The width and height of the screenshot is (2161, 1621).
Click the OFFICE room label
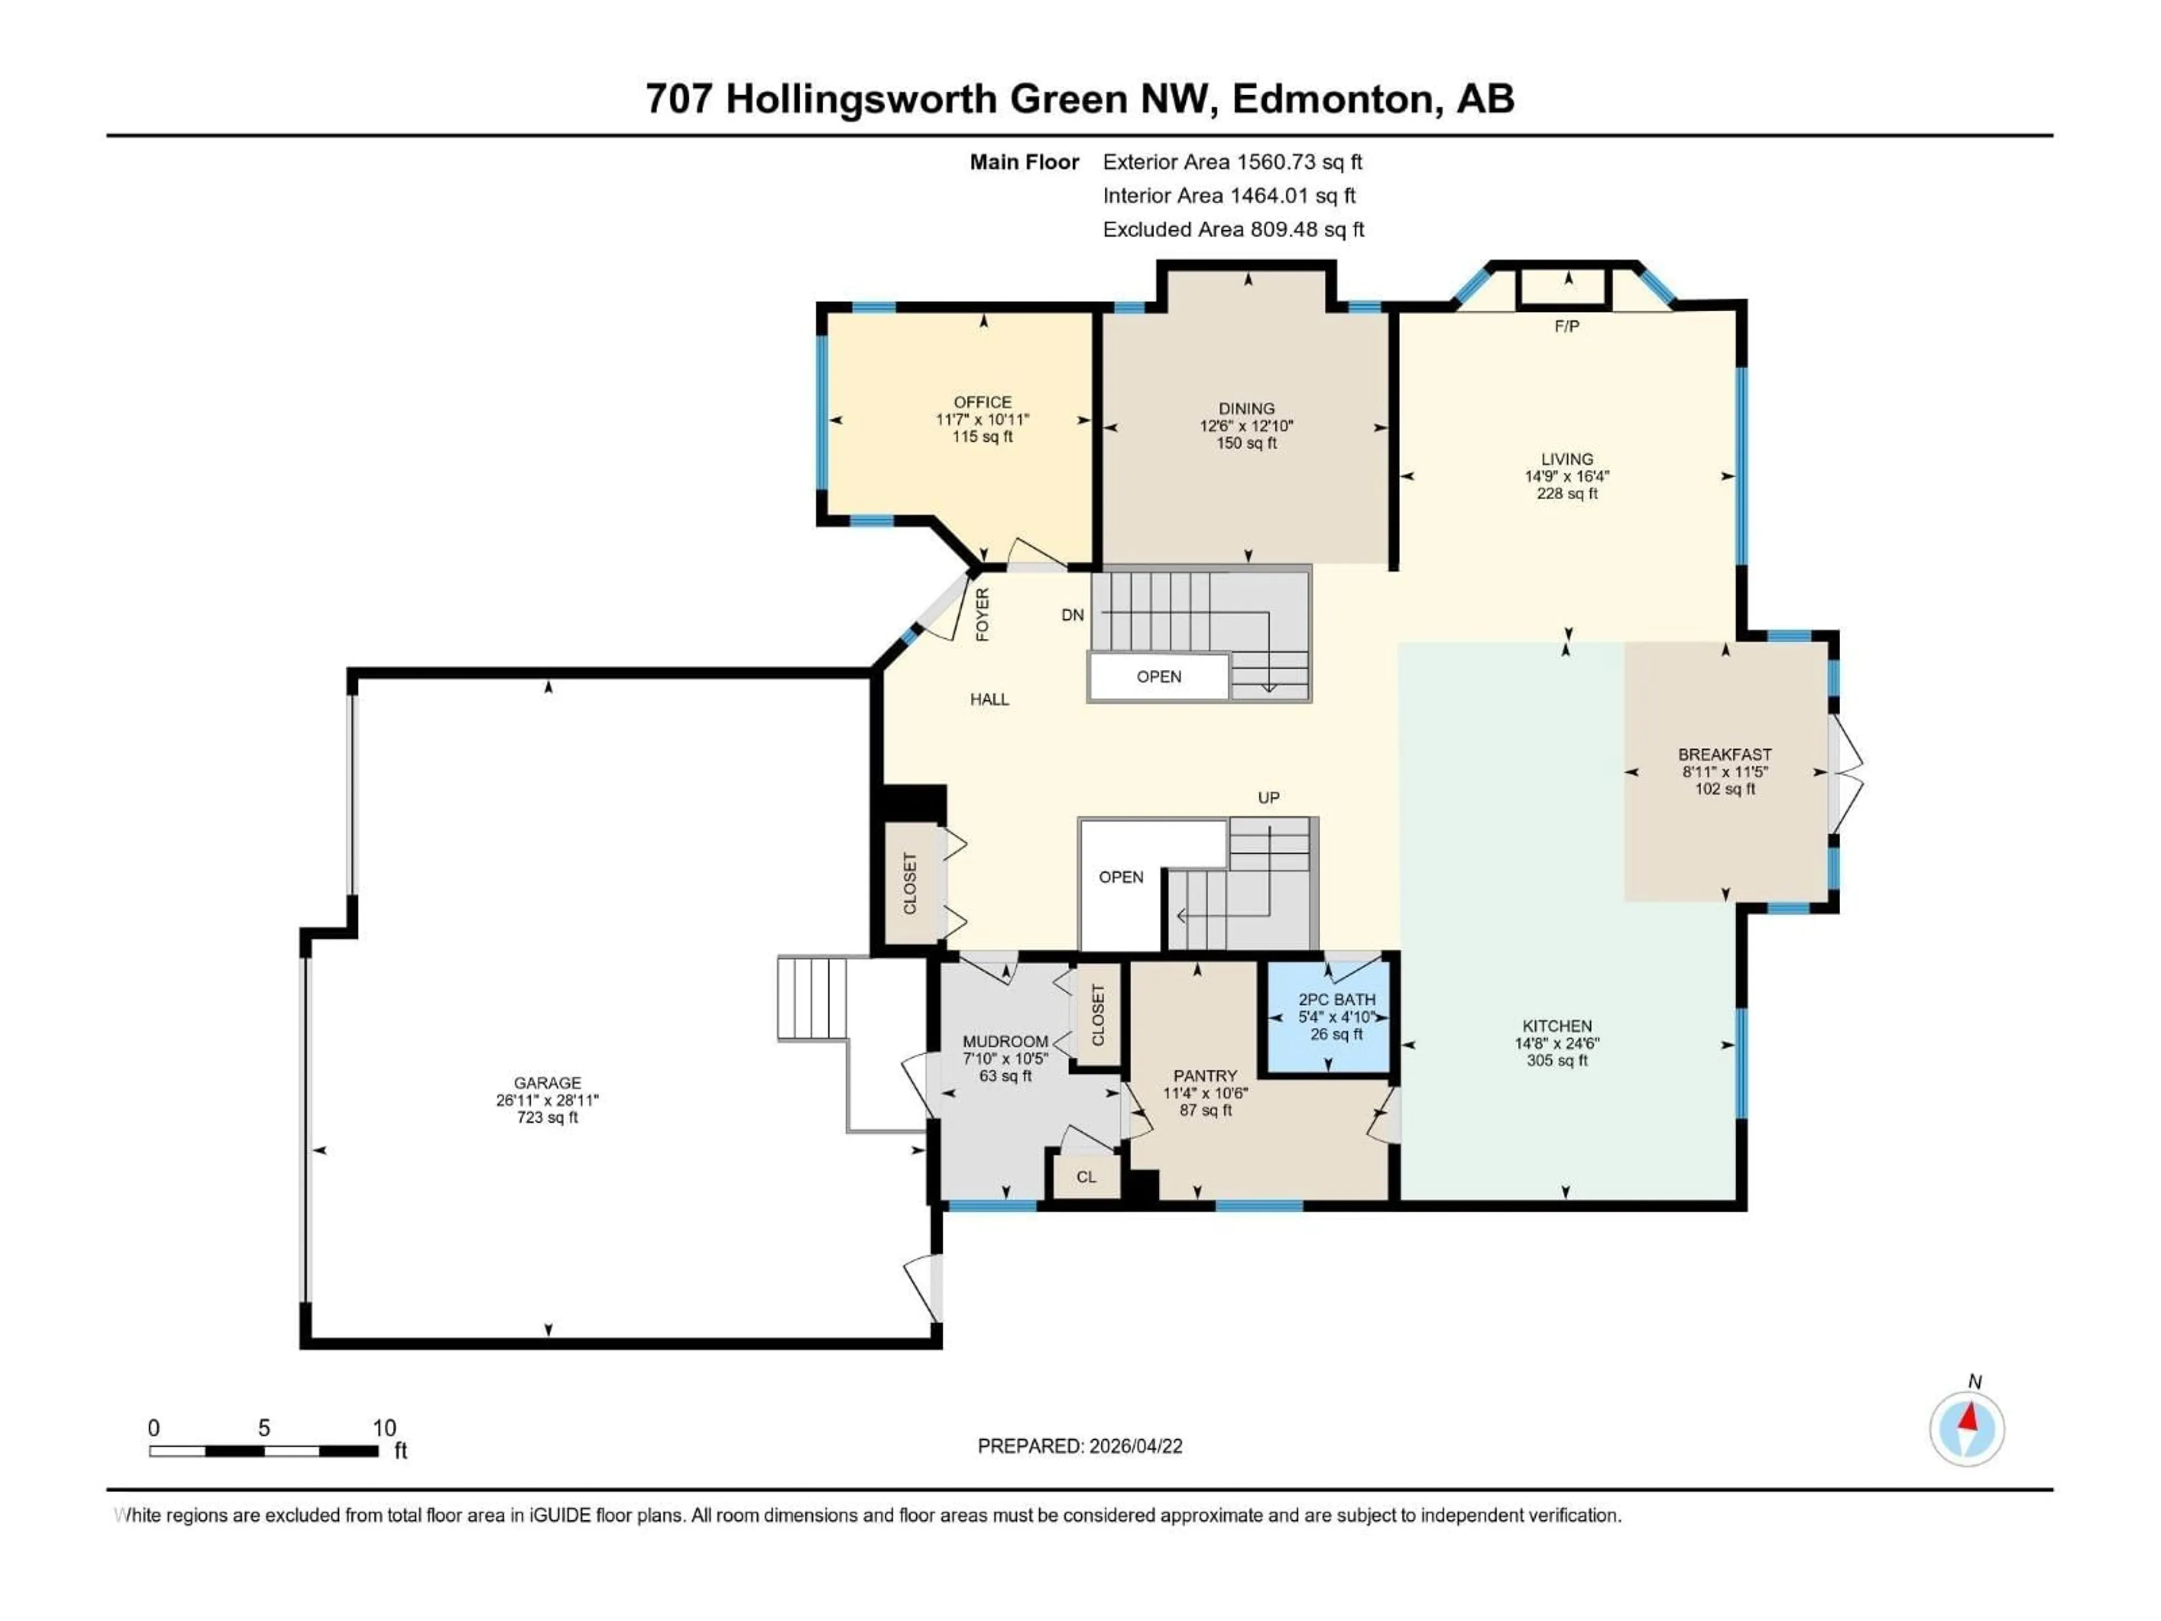pos(982,401)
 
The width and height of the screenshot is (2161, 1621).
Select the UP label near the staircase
pos(1268,798)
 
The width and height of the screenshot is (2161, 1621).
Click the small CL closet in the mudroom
pos(1086,1176)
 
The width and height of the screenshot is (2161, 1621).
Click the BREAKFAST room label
pos(1724,754)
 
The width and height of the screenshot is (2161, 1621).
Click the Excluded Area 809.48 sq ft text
pos(1233,230)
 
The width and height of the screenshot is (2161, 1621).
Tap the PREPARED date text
pos(1079,1446)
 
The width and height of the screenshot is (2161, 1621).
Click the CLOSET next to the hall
pos(909,883)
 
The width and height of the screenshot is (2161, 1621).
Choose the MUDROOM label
pos(1005,1042)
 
